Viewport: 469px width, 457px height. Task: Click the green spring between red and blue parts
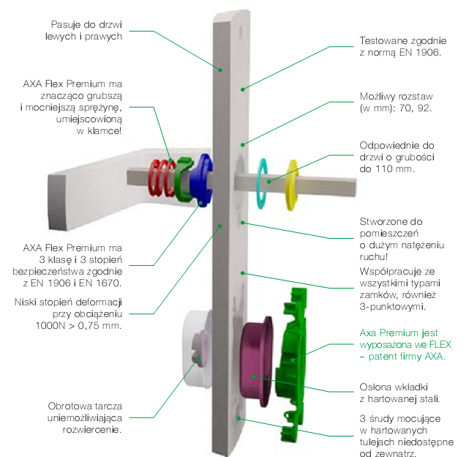click(x=178, y=179)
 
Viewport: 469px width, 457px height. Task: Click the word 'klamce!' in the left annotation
click(x=105, y=130)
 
